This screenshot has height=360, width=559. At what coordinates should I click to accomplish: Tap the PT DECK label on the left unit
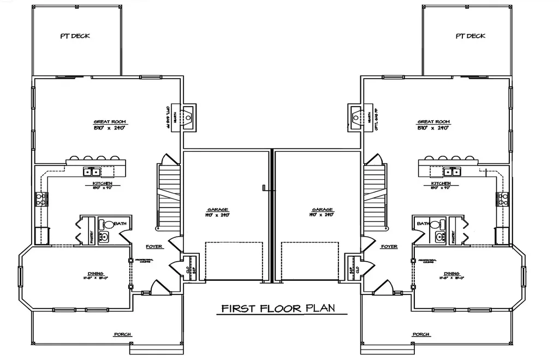click(x=75, y=36)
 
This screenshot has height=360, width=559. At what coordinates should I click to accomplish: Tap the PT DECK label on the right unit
click(x=470, y=36)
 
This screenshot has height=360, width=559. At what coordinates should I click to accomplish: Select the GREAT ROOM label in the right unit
click(x=433, y=122)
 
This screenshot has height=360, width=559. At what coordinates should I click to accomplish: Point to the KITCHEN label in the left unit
click(x=103, y=184)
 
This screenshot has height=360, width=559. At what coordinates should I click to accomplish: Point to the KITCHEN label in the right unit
click(x=441, y=184)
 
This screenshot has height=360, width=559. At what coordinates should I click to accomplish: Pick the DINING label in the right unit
click(x=451, y=274)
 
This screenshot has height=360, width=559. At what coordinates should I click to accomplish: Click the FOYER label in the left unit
click(x=154, y=246)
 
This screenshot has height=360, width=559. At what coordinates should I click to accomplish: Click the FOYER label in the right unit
click(x=389, y=246)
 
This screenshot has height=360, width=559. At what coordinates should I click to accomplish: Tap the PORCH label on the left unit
click(x=123, y=334)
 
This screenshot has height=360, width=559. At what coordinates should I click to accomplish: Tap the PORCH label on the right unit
click(x=421, y=334)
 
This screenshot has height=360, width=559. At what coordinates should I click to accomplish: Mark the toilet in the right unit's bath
click(x=436, y=224)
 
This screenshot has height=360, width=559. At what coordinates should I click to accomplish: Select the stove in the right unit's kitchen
click(x=503, y=199)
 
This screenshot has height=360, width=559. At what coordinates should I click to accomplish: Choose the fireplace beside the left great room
click(x=188, y=117)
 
